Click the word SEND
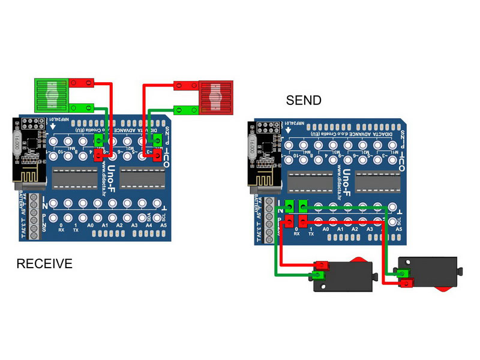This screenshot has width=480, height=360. (304, 101)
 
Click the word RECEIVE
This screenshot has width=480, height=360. (44, 263)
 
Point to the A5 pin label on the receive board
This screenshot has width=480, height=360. (164, 226)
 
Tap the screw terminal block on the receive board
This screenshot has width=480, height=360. (34, 217)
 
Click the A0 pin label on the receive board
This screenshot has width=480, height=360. (91, 226)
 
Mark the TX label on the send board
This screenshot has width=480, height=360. (311, 233)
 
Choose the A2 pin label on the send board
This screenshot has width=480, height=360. (355, 229)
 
